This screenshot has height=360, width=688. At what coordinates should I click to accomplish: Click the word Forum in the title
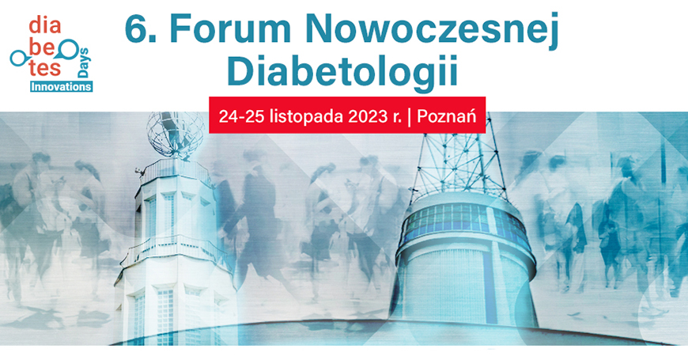click(230, 29)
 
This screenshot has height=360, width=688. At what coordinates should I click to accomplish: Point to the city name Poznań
click(447, 117)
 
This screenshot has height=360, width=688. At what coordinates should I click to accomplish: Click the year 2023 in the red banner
click(369, 117)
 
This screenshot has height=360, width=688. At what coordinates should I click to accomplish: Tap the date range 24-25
click(242, 117)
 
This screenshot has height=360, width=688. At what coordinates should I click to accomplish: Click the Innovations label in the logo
click(61, 86)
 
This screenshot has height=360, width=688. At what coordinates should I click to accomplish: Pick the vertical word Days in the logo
click(83, 63)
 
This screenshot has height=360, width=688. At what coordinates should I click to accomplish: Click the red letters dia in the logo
click(45, 25)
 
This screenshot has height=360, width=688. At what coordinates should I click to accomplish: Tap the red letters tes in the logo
click(45, 68)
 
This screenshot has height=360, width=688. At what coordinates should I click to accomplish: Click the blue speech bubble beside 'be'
click(68, 47)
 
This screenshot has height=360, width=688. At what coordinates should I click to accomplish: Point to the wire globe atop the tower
click(176, 131)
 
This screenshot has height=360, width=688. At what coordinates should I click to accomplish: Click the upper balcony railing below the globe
click(176, 170)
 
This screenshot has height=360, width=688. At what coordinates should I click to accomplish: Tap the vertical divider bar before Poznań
click(410, 117)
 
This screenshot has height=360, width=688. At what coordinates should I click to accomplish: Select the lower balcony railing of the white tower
click(176, 250)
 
